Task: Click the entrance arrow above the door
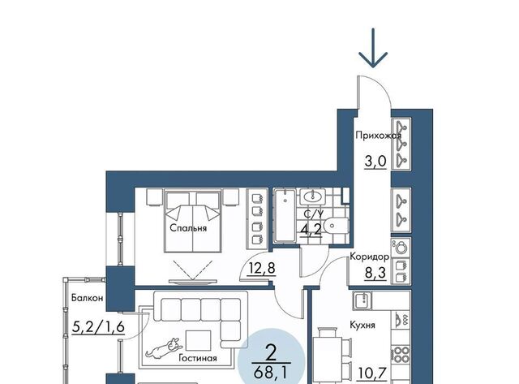pos(373,48)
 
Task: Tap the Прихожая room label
pos(379,136)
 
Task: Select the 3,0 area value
pos(375,162)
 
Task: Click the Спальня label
pos(188,228)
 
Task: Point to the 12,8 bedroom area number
pos(262,268)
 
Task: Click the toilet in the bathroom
pos(336,226)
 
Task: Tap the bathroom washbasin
pos(312,196)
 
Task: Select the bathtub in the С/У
pos(285,215)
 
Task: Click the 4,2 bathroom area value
pos(311,229)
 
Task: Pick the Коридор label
pos(370,257)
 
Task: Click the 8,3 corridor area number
pos(375,274)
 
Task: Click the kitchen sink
pos(362,300)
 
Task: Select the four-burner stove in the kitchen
pos(401,355)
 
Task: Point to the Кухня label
pos(362,326)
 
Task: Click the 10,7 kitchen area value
pos(372,373)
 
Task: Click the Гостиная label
pos(198,358)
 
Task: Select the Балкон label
pos(88,298)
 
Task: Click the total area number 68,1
pos(271,373)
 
